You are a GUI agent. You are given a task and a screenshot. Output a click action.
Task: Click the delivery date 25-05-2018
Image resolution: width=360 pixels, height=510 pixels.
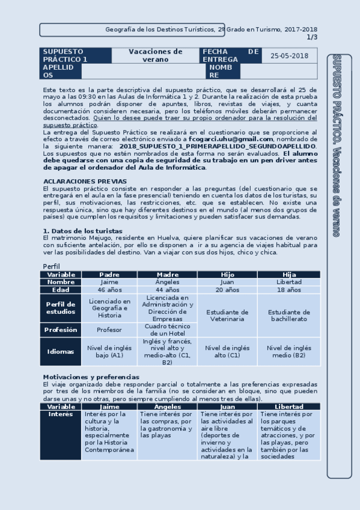289,55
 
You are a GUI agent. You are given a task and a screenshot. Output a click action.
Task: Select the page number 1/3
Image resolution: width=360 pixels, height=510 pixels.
312,37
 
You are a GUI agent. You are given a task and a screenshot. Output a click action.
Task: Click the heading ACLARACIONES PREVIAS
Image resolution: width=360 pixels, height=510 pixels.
85,181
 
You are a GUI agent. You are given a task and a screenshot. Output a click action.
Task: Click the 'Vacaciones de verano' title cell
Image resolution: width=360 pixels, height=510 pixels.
156,55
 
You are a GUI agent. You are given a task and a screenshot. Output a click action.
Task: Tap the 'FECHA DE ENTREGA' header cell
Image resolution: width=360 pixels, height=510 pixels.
231,55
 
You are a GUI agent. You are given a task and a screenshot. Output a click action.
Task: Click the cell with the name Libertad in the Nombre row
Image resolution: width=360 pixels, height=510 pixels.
288,282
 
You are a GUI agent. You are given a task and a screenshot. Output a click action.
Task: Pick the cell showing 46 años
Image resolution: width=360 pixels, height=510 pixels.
109,290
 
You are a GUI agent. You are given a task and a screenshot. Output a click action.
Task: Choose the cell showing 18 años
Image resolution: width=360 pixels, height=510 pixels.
288,290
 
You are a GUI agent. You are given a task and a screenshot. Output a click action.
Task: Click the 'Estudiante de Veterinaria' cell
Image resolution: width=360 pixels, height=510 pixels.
227,316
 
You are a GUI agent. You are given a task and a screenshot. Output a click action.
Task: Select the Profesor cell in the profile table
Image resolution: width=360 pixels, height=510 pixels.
109,330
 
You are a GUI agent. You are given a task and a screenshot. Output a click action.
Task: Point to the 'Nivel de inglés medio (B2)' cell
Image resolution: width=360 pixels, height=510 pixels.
288,351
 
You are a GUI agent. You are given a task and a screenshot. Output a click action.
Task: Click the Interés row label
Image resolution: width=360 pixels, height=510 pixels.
60,414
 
